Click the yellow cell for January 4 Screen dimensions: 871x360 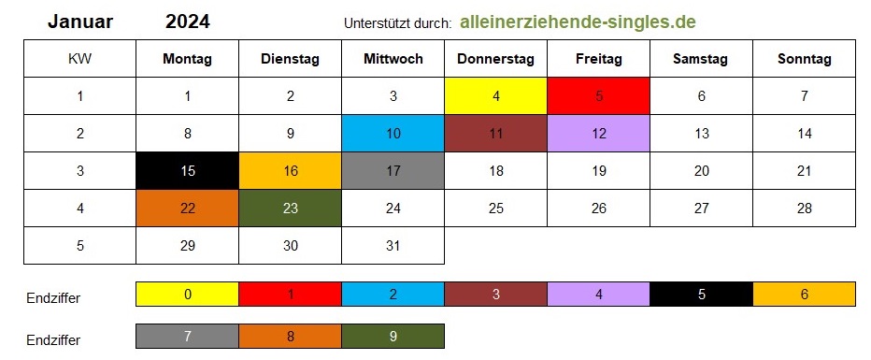(495, 96)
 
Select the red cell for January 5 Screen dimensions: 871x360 (599, 96)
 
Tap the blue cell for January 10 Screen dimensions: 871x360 (393, 134)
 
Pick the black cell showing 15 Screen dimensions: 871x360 (187, 170)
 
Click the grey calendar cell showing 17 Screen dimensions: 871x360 (393, 170)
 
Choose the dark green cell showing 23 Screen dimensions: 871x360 (290, 208)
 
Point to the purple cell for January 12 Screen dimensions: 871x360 (599, 134)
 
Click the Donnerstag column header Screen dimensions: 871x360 (495, 59)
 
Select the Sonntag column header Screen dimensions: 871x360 (805, 59)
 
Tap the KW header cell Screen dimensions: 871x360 (80, 59)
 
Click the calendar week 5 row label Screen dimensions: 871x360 (80, 245)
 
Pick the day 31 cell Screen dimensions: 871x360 (393, 245)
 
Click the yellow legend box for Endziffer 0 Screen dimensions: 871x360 (187, 294)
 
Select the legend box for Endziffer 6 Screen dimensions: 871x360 (805, 294)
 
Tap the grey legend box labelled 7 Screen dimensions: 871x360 (187, 336)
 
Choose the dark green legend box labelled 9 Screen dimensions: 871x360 (393, 336)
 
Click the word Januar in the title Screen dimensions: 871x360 (80, 22)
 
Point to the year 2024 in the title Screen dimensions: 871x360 (188, 22)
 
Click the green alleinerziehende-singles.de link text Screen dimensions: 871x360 (578, 22)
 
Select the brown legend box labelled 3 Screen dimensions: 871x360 (495, 294)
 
